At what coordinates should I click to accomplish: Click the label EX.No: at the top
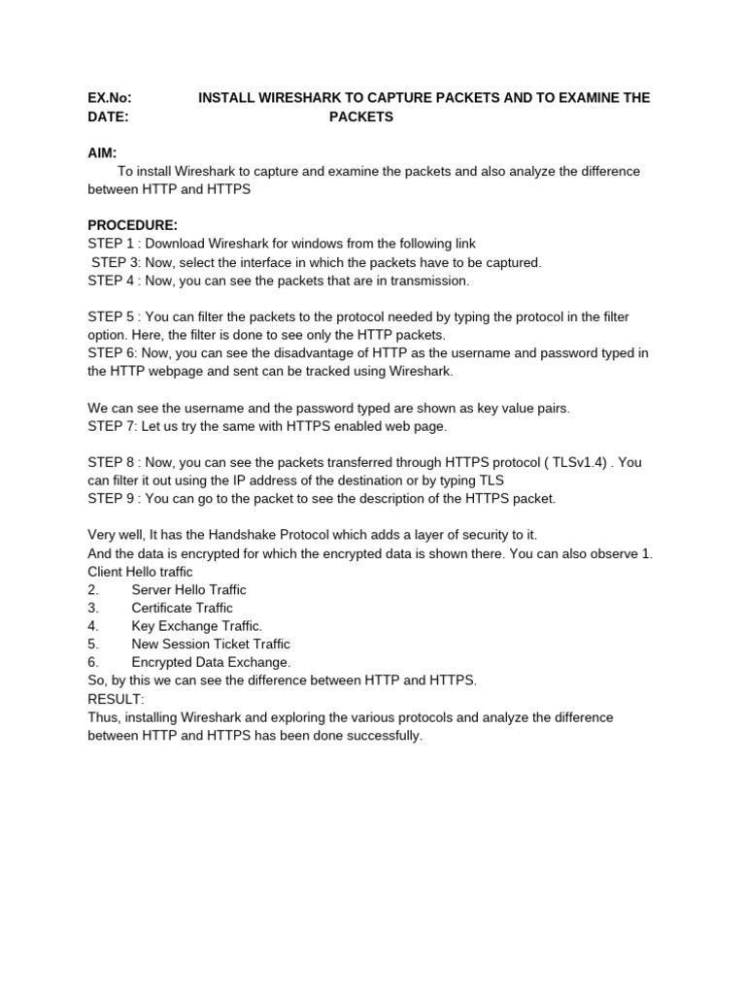pos(109,98)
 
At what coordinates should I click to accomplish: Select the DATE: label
pos(108,116)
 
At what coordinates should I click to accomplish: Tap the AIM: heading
pos(102,153)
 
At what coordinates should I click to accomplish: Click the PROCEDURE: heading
pos(132,225)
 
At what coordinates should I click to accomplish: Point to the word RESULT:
pos(116,699)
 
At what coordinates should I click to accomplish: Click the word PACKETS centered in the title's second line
pos(360,116)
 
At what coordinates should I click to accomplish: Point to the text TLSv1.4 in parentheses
pos(555,462)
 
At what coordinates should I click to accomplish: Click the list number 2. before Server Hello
pos(93,590)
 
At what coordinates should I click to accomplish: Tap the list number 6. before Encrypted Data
pos(93,662)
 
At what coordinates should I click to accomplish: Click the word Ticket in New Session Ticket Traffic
pos(233,645)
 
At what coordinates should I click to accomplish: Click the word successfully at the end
pos(387,736)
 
